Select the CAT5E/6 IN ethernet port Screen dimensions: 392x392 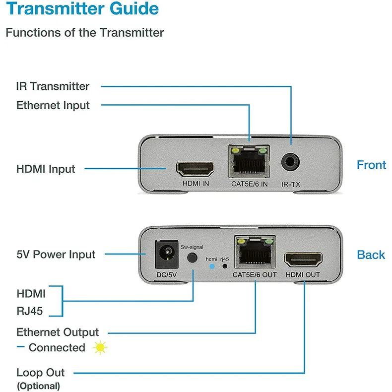[x=250, y=162]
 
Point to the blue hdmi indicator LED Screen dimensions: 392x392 [x=212, y=266]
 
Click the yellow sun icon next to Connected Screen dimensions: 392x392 [x=100, y=347]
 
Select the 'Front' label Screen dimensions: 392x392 [x=371, y=165]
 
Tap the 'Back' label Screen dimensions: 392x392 [x=371, y=255]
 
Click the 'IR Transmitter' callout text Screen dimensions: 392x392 [x=53, y=86]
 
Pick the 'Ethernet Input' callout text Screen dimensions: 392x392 [x=53, y=105]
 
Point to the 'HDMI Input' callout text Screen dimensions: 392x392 [x=46, y=169]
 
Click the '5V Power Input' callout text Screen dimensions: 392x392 [x=56, y=255]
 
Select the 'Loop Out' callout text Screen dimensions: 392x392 [x=41, y=373]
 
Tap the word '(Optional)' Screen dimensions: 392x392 [x=39, y=386]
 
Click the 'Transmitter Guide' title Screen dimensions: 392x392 [x=82, y=9]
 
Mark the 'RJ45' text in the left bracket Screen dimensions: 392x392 [x=30, y=311]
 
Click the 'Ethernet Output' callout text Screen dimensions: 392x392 [x=58, y=332]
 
